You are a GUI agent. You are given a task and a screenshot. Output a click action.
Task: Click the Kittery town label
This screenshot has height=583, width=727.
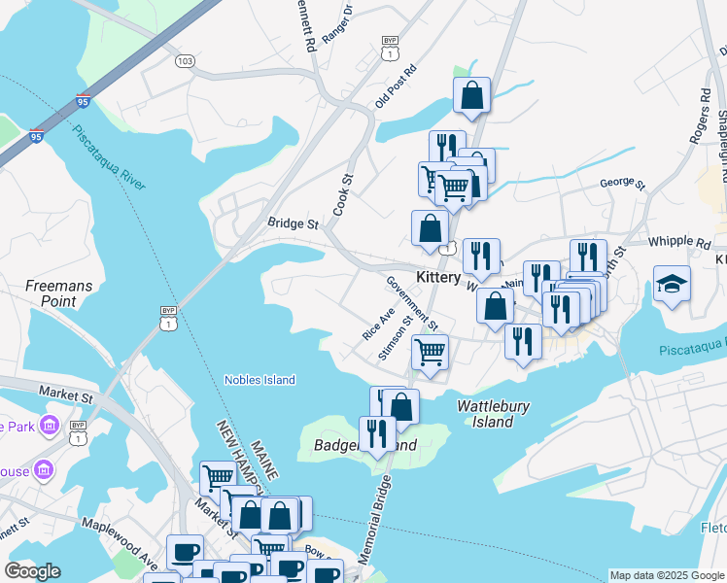click(437, 277)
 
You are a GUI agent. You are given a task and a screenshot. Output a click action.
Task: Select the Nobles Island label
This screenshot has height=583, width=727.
click(260, 380)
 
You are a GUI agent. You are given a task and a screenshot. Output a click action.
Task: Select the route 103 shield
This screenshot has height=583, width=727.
click(185, 60)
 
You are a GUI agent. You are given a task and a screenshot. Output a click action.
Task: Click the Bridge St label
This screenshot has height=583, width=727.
click(294, 223)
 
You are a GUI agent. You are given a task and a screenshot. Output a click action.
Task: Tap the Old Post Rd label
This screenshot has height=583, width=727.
click(396, 87)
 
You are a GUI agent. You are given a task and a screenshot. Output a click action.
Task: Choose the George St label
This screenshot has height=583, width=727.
click(622, 183)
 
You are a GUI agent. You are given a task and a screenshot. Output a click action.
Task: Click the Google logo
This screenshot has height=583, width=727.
click(32, 570)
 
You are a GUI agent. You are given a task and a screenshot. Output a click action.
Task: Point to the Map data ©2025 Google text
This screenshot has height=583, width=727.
click(667, 575)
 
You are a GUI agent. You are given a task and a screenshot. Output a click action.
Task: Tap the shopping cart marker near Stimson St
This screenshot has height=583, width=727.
click(430, 353)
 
